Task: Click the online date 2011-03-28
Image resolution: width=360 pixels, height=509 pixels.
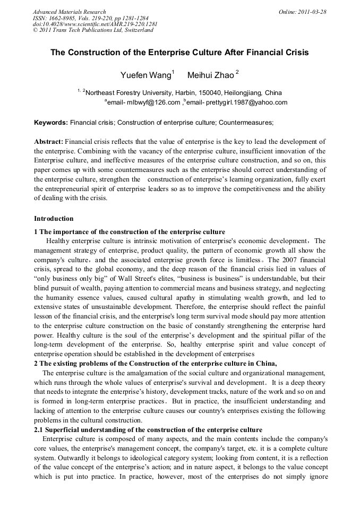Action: point(314,12)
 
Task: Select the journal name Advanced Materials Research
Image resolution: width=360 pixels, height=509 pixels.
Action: point(69,12)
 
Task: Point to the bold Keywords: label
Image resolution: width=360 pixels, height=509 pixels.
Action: point(51,123)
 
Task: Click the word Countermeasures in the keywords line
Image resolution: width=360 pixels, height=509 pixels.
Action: point(245,123)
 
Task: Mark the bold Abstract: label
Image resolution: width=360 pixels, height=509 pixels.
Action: point(49,142)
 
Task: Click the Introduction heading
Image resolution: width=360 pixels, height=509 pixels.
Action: point(54,219)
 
